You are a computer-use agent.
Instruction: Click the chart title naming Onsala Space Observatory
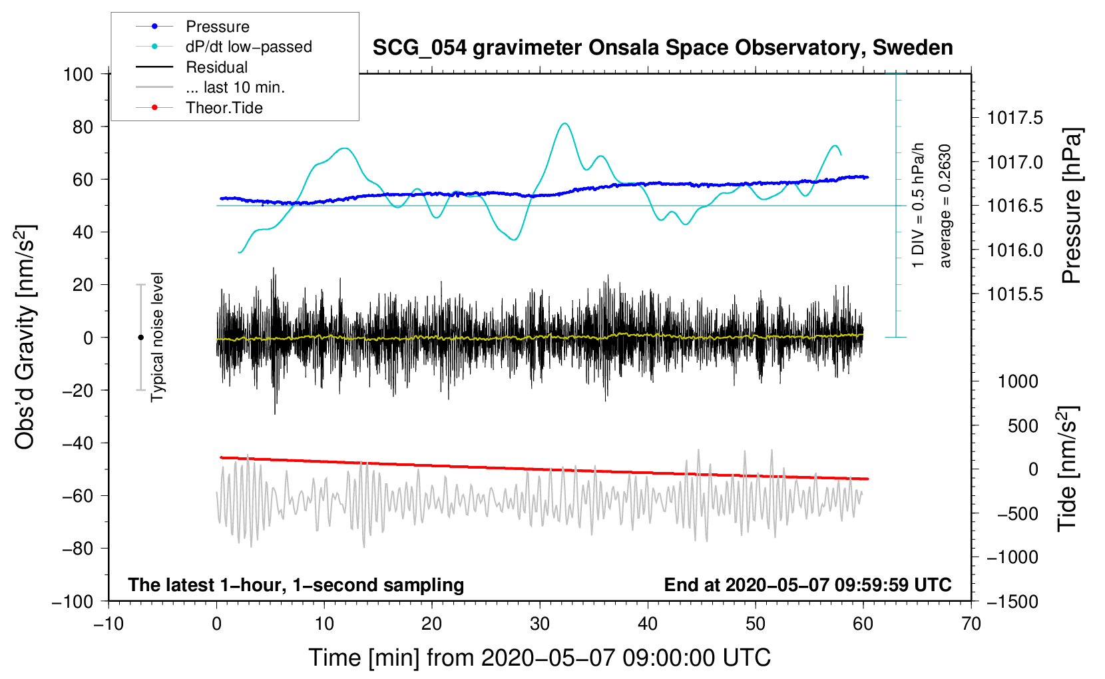pos(662,48)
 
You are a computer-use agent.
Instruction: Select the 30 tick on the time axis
pos(540,624)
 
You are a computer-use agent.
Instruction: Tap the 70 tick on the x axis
pos(971,624)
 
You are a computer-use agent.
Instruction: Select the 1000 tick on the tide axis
pos(1018,381)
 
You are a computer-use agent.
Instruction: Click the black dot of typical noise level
pos(140,338)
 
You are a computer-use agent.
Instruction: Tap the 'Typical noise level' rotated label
pos(157,337)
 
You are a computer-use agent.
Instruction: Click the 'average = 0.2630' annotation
pos(945,206)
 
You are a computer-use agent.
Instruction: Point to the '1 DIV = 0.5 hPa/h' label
pos(919,205)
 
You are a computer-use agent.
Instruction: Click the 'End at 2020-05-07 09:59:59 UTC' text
pos(807,585)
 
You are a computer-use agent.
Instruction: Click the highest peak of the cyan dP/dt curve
pos(565,123)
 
